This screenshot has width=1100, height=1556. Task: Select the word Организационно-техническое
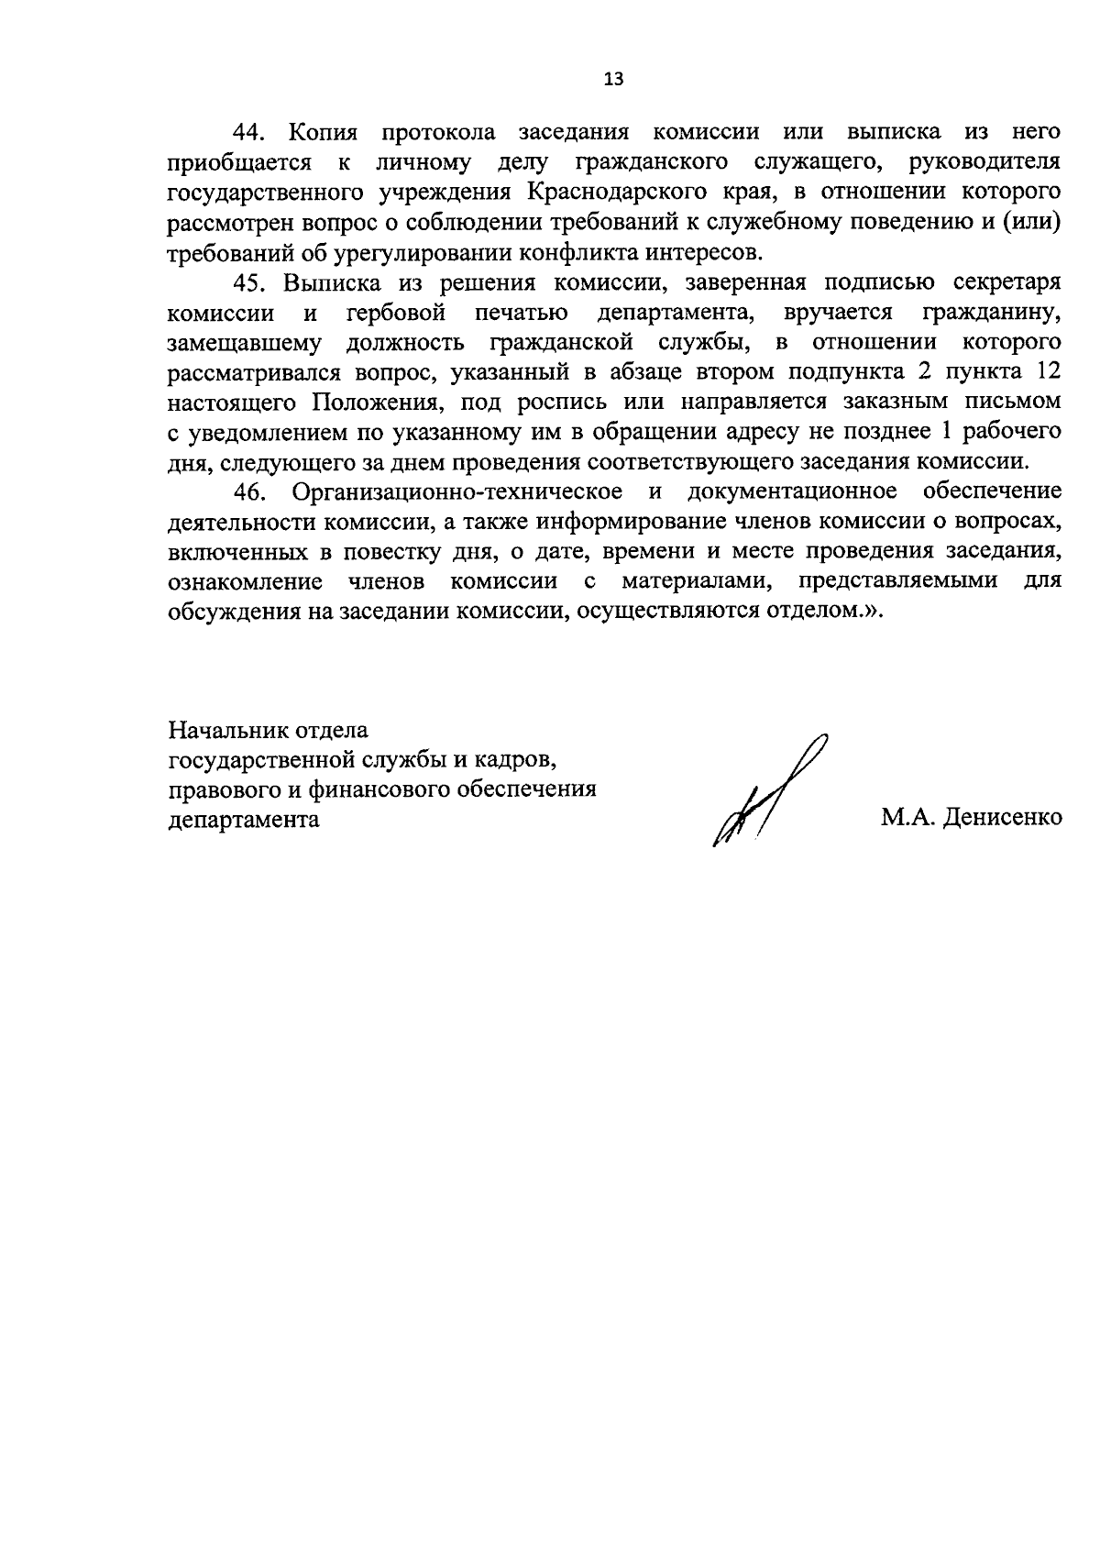[x=456, y=491]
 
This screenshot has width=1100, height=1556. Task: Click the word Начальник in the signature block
[x=224, y=731]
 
